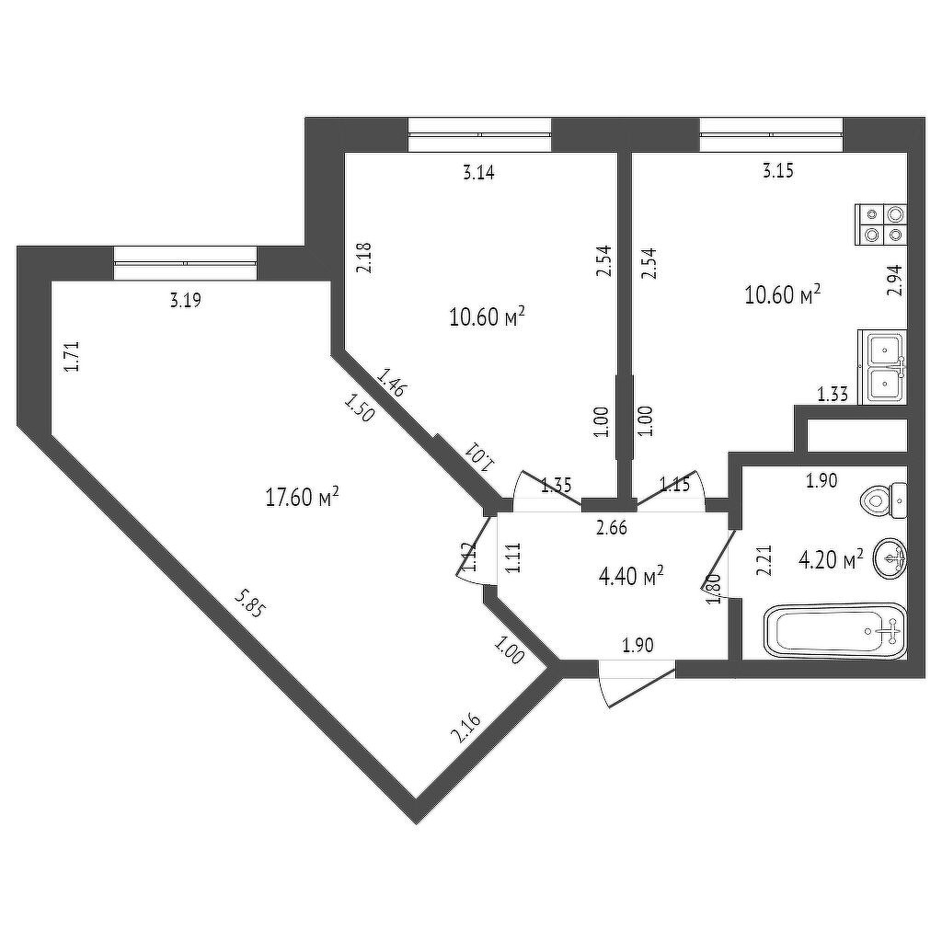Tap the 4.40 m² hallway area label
[631, 576]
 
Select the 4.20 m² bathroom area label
[831, 559]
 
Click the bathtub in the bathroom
[835, 630]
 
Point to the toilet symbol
[884, 500]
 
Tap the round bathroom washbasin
[890, 558]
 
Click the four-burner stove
[880, 224]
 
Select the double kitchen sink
[882, 366]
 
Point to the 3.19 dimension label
[185, 300]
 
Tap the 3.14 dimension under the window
[478, 173]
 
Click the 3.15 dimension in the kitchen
[778, 171]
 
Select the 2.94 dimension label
[894, 280]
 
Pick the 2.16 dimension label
[466, 728]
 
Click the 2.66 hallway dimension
[612, 528]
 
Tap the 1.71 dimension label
[72, 356]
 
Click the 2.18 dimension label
[364, 258]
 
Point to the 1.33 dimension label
[833, 394]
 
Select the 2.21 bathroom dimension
[764, 560]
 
